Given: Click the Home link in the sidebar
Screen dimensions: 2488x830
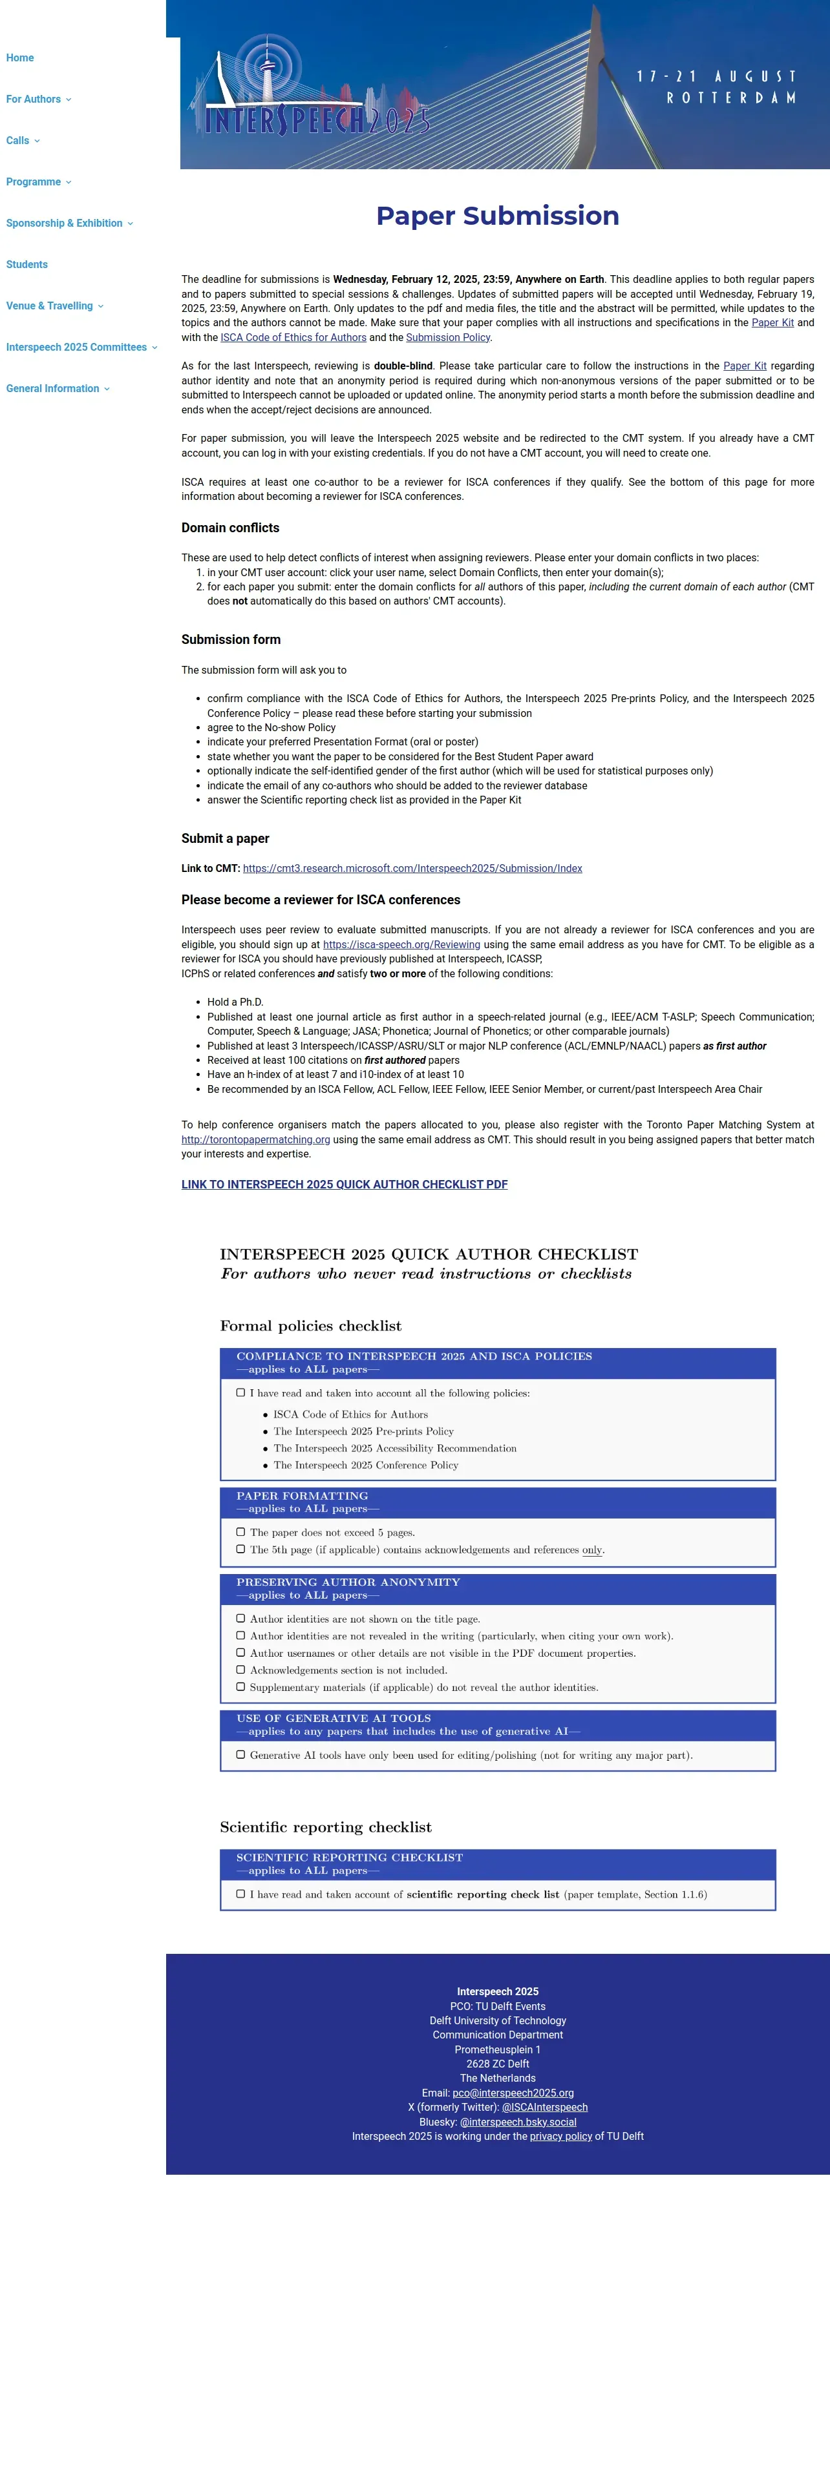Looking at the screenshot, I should pyautogui.click(x=19, y=58).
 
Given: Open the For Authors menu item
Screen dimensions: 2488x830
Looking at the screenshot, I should pyautogui.click(x=34, y=99).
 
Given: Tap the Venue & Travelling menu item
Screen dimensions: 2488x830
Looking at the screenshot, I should pyautogui.click(x=50, y=306).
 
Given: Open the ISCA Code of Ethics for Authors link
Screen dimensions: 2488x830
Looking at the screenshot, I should pyautogui.click(x=293, y=338).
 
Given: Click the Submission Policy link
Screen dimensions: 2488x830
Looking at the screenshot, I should pyautogui.click(x=447, y=338).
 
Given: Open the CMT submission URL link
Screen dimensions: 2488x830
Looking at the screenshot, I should pyautogui.click(x=412, y=868).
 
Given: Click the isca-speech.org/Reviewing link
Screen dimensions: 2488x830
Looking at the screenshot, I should pyautogui.click(x=401, y=944).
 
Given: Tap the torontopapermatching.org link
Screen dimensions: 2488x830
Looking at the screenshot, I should pyautogui.click(x=255, y=1140).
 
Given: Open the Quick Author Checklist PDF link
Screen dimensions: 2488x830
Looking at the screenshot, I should pyautogui.click(x=344, y=1184).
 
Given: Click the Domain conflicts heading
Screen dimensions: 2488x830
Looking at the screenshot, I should pyautogui.click(x=230, y=528).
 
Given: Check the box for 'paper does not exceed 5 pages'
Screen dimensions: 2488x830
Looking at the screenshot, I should pyautogui.click(x=240, y=1532).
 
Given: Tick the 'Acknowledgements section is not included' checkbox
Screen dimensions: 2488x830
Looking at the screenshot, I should pyautogui.click(x=240, y=1670).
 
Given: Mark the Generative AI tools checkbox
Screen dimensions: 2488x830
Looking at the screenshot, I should pyautogui.click(x=240, y=1755).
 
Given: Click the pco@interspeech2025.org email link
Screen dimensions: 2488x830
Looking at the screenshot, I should pyautogui.click(x=512, y=2093).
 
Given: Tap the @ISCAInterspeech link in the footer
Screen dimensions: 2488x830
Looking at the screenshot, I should pyautogui.click(x=544, y=2108).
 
